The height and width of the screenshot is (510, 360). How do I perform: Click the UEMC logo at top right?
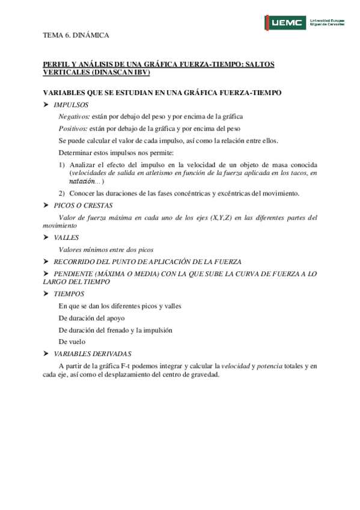click(x=305, y=23)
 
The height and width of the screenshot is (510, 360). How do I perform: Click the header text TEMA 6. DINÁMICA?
click(x=76, y=35)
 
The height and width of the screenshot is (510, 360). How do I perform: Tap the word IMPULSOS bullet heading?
click(x=71, y=105)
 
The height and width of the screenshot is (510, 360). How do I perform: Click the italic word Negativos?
click(x=74, y=117)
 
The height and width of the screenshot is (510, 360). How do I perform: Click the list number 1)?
click(x=62, y=165)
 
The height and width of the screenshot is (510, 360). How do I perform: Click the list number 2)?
click(x=62, y=193)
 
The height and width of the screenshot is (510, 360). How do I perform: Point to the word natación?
click(x=82, y=181)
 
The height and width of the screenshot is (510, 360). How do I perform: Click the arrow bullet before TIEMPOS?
click(x=46, y=294)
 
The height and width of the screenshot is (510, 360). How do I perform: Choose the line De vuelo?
click(x=72, y=342)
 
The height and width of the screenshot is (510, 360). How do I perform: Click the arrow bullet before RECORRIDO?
click(x=46, y=262)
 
